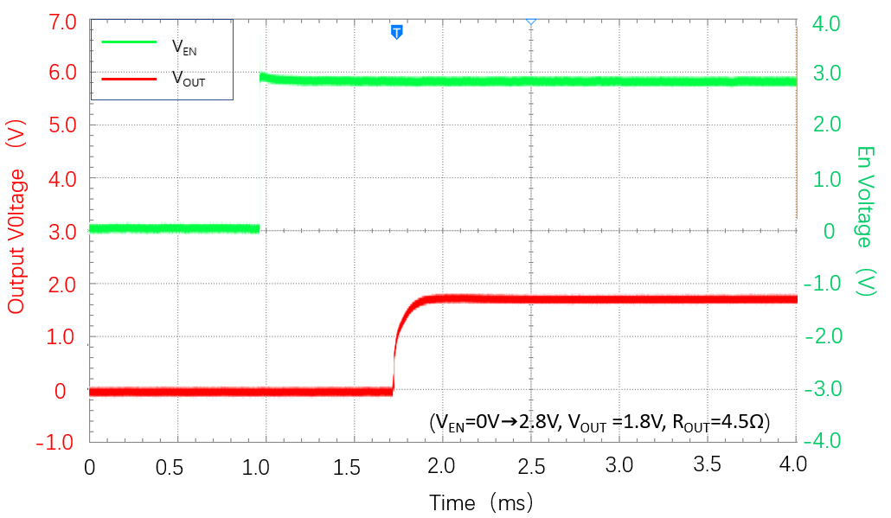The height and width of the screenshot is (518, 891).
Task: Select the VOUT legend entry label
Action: pyautogui.click(x=189, y=79)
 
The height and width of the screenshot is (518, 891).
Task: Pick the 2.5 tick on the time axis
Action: pyautogui.click(x=531, y=466)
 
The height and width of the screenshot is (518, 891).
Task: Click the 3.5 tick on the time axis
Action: pyautogui.click(x=708, y=466)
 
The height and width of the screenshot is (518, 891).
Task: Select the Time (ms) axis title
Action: pyautogui.click(x=481, y=502)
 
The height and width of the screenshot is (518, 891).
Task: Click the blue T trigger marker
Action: pyautogui.click(x=397, y=32)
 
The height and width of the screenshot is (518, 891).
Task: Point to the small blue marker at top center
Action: pyautogui.click(x=531, y=20)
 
